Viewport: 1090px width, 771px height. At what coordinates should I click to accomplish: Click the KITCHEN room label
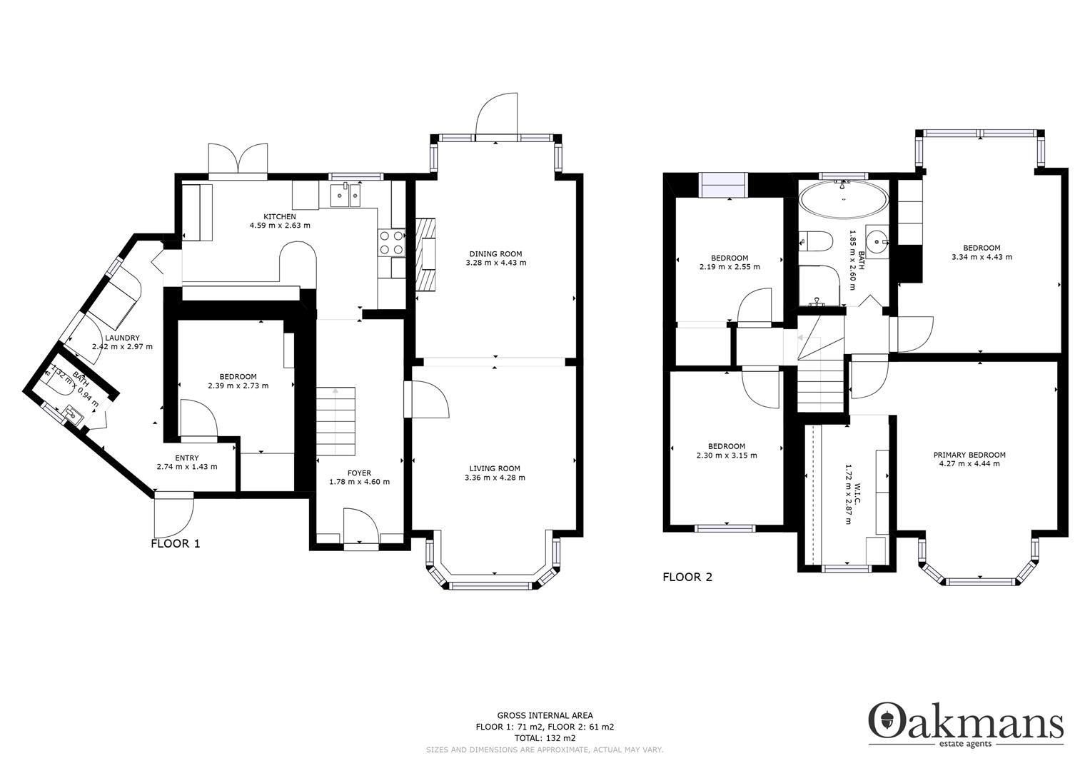280,217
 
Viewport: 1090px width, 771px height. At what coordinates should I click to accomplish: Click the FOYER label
359,473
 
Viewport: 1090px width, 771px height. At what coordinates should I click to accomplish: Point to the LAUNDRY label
122,338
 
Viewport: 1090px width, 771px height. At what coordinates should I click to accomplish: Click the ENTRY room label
186,458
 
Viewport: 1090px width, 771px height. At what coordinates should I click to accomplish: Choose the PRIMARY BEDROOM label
969,455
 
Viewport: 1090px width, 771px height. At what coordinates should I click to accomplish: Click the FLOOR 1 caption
176,543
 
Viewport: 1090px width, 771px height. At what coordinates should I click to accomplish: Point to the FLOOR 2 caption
687,577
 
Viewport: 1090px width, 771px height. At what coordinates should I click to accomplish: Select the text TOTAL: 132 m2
545,738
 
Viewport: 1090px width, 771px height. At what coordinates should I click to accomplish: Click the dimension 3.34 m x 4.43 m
981,257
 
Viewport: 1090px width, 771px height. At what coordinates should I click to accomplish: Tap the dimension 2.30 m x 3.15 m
727,455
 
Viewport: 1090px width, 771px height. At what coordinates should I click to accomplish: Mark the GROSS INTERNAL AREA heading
545,715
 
